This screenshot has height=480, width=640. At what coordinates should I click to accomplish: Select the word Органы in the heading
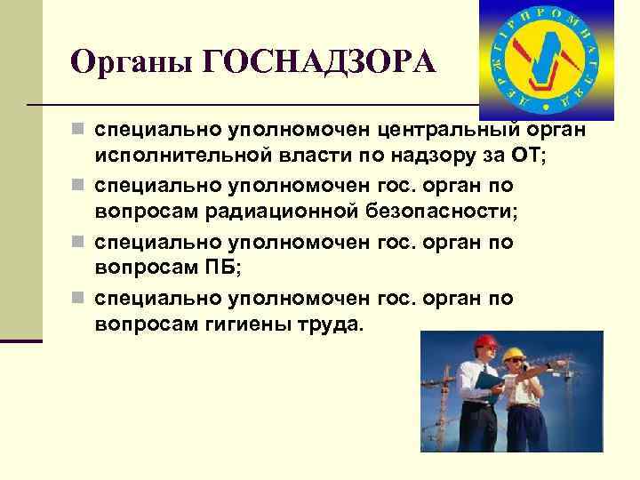(x=133, y=64)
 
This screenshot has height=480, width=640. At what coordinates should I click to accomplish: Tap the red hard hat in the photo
(x=484, y=345)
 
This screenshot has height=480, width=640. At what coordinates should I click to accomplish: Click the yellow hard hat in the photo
(x=513, y=355)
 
